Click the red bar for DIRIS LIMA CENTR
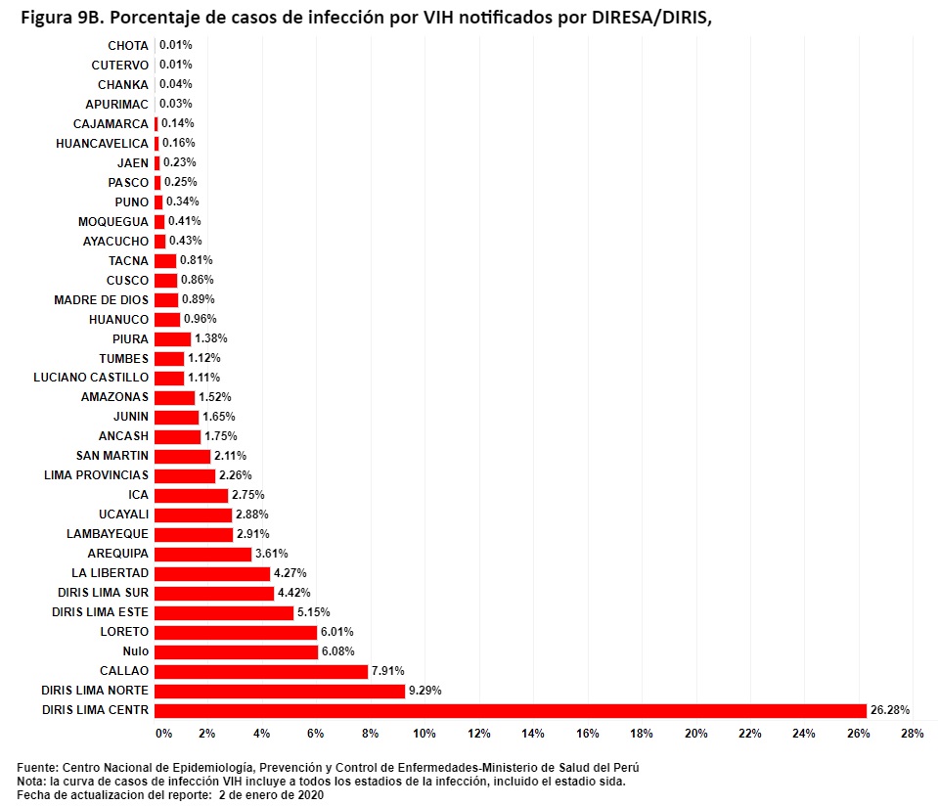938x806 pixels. pos(510,710)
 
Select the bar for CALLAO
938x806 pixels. pos(261,671)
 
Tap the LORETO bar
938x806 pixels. pos(236,632)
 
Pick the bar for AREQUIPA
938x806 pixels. pos(202,554)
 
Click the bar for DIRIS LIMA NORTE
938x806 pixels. pos(280,691)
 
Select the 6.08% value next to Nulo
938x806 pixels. pos(337,651)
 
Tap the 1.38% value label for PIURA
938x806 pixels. pos(210,338)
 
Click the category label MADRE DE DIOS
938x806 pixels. pos(102,299)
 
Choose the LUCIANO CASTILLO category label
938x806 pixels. pos(91,378)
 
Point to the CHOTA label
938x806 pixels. pos(128,45)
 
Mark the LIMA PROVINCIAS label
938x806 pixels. pos(97,475)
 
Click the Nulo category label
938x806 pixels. pos(136,651)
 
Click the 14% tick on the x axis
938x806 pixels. pos(533,733)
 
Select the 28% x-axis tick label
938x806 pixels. pos(912,733)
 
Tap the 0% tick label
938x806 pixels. pos(163,733)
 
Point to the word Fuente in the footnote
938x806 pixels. pos(36,768)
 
